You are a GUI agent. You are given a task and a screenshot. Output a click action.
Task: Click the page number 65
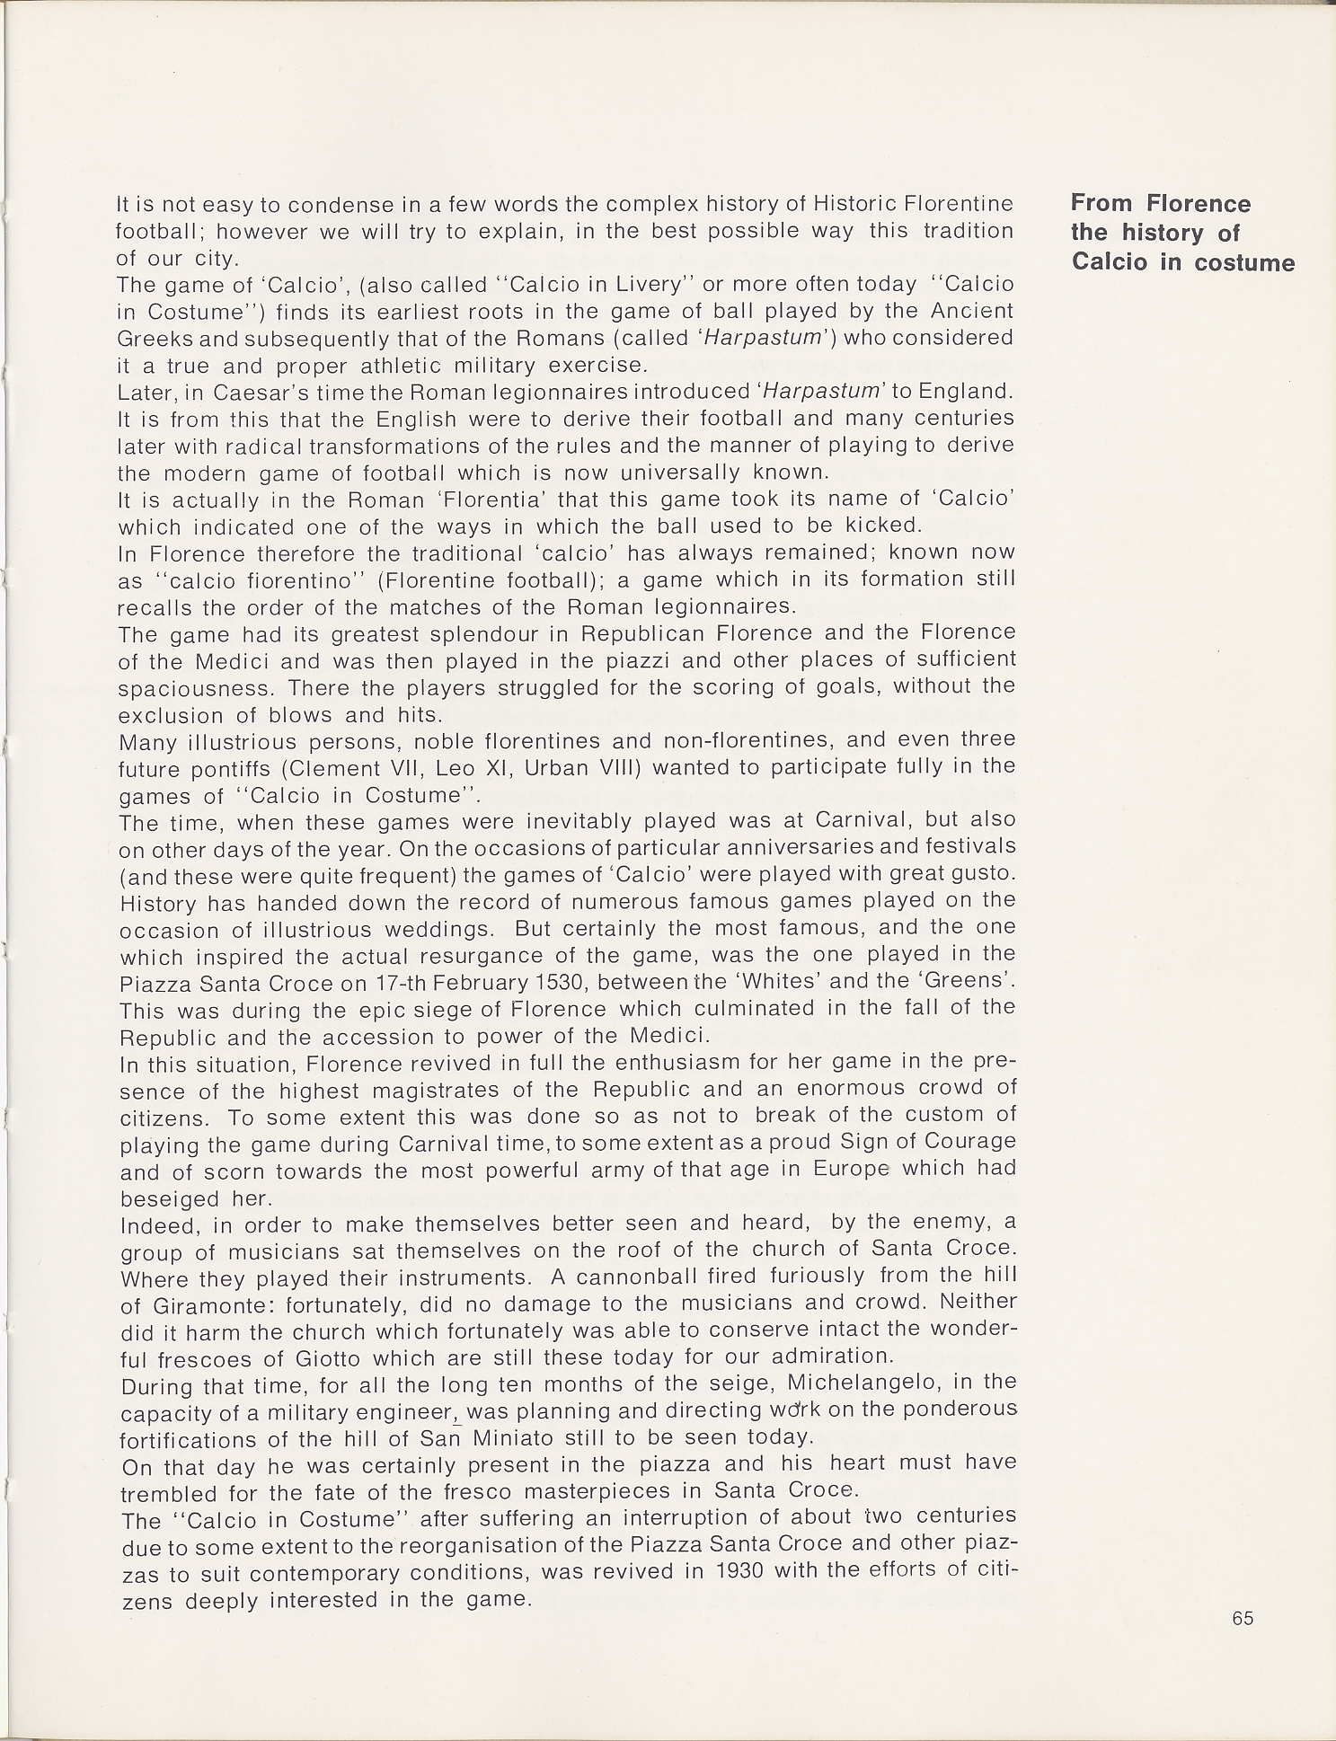pyautogui.click(x=1243, y=1618)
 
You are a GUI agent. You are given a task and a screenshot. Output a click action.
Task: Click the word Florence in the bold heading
pyautogui.click(x=1199, y=203)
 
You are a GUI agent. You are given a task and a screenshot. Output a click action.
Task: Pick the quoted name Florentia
pyautogui.click(x=526, y=499)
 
